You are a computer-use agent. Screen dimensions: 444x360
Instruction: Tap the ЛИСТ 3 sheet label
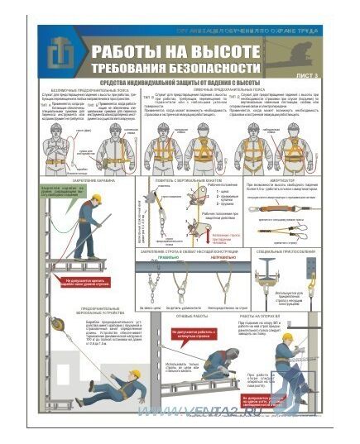click(307, 75)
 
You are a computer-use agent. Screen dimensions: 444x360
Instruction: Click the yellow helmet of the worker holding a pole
click(96, 199)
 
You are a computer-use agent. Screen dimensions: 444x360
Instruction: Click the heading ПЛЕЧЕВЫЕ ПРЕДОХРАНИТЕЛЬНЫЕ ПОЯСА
click(236, 92)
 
